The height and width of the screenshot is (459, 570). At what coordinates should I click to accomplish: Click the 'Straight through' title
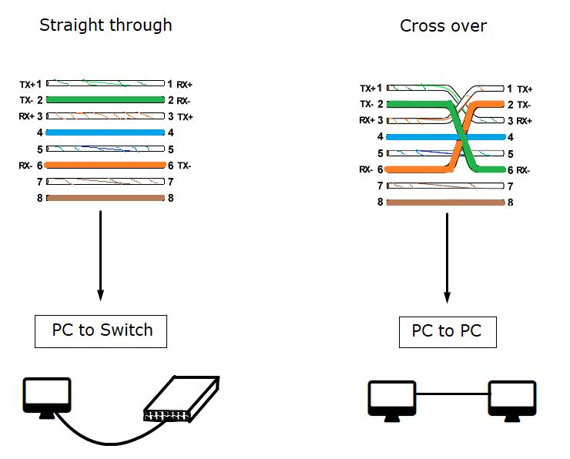(106, 26)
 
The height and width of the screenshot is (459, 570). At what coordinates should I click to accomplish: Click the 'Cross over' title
(443, 26)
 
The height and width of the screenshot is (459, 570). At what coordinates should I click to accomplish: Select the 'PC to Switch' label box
(101, 331)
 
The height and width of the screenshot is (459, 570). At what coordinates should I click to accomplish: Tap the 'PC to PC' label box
(448, 332)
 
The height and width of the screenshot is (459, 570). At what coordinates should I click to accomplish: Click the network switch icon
(182, 399)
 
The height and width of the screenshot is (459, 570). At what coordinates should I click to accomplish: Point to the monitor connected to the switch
(47, 397)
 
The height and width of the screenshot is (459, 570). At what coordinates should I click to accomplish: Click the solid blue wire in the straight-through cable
(105, 132)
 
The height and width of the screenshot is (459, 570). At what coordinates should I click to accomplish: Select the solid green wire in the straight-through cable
(106, 99)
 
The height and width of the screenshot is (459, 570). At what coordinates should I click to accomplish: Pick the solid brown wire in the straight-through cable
(106, 198)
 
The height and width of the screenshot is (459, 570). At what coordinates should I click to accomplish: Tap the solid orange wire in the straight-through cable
(105, 165)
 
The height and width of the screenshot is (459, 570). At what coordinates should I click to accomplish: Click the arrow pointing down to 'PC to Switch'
(101, 256)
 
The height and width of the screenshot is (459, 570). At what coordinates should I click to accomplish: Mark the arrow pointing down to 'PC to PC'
(447, 258)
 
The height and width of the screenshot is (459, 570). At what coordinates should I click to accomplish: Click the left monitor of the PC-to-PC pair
(392, 400)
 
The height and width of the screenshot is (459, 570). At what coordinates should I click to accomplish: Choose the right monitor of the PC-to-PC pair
(511, 400)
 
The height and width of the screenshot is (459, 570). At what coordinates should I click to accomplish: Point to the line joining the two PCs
(453, 394)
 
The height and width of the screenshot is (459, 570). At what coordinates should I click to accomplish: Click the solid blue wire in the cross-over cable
(446, 137)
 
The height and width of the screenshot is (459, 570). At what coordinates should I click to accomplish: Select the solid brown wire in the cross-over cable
(446, 203)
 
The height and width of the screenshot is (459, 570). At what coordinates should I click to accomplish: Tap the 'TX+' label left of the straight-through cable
(27, 85)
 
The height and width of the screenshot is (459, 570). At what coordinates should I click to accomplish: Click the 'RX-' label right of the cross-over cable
(523, 170)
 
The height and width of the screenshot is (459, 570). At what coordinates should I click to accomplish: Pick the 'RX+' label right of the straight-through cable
(184, 85)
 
